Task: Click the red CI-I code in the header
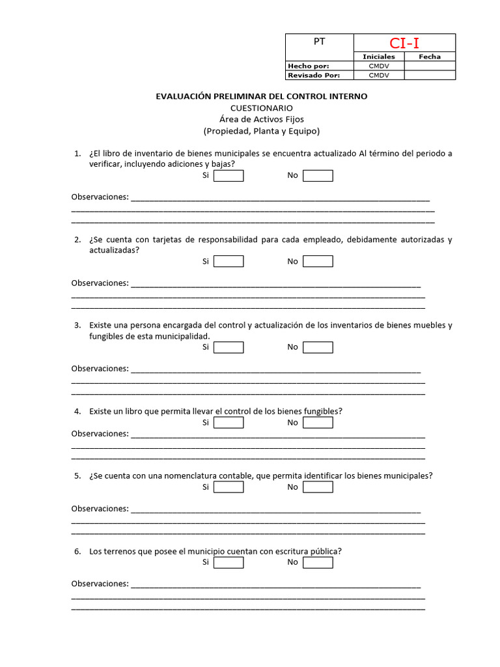(x=404, y=43)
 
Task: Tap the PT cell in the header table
(x=319, y=42)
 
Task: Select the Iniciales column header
(x=378, y=57)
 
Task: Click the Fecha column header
(x=430, y=57)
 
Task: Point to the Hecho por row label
(x=309, y=66)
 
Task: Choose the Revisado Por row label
(x=313, y=75)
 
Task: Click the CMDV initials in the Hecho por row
(x=378, y=66)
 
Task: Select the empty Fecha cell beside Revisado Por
(x=430, y=75)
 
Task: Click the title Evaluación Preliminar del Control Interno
(x=261, y=96)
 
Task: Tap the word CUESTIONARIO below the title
(x=261, y=108)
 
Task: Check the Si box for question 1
(x=229, y=176)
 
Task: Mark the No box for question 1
(x=318, y=176)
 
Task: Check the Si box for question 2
(x=229, y=261)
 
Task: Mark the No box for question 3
(x=318, y=347)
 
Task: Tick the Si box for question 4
(x=229, y=423)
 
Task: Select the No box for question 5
(x=318, y=487)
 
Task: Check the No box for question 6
(x=318, y=562)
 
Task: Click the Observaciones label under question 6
(x=100, y=584)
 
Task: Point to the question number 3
(x=77, y=325)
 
